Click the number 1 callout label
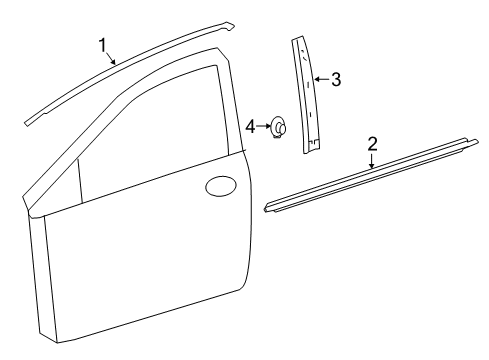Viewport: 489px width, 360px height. (x=102, y=44)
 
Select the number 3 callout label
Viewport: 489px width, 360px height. (x=336, y=79)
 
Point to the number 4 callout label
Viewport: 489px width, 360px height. (x=251, y=126)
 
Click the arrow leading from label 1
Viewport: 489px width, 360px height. (x=112, y=59)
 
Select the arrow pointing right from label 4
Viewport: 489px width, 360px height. (x=264, y=126)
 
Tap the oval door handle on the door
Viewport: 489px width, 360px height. (x=219, y=187)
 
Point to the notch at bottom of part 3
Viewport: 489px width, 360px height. (x=314, y=147)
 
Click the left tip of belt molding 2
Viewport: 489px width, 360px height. (x=267, y=208)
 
